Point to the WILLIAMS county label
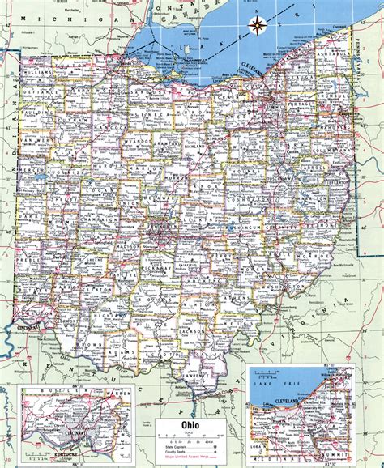[x=38, y=71]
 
